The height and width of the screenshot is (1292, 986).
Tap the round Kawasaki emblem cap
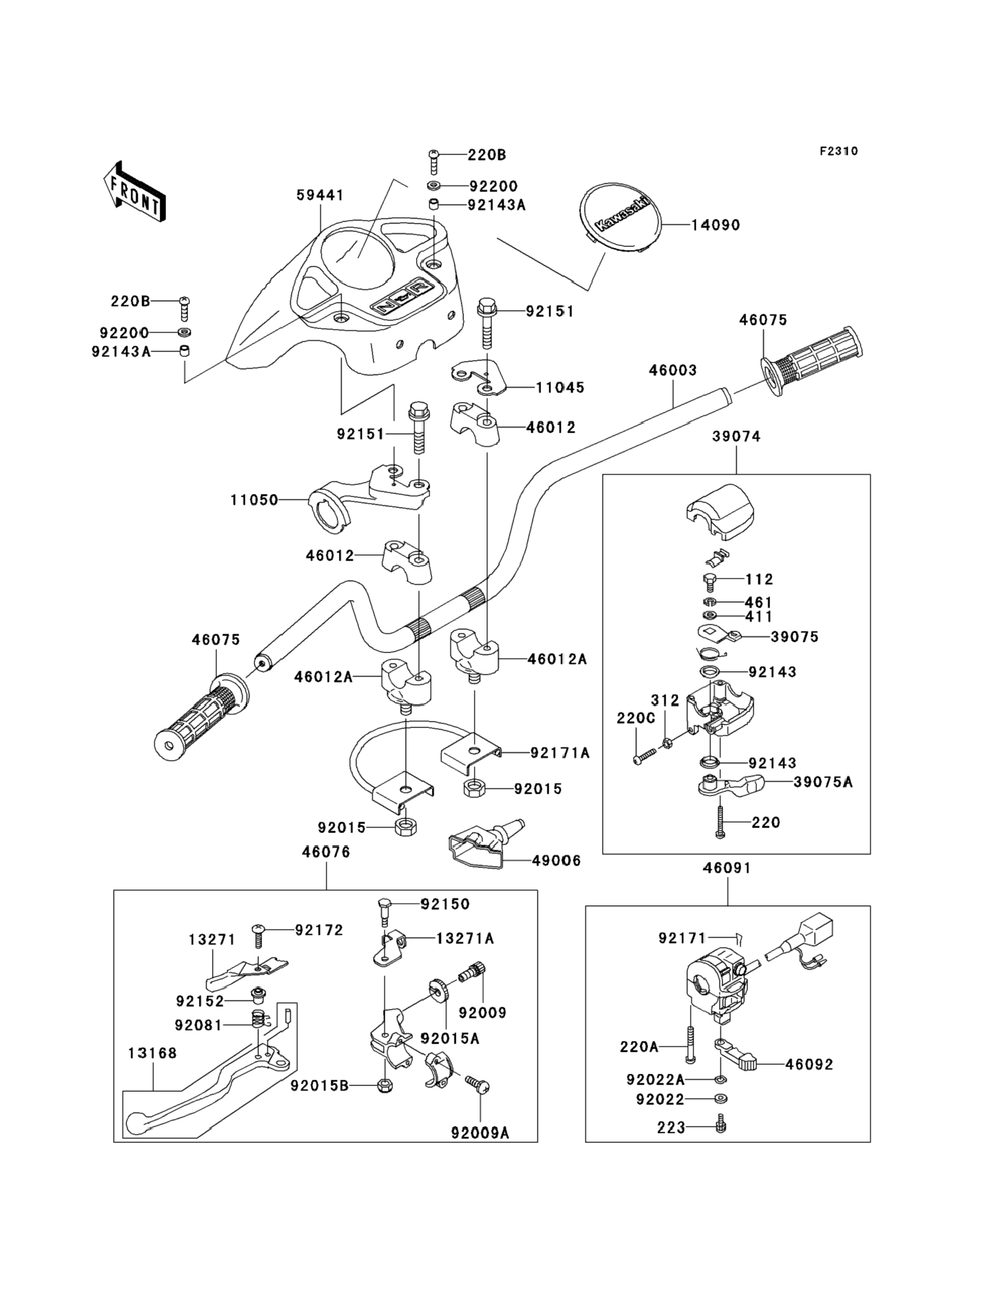pos(621,217)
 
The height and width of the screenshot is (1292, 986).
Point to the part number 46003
pos(673,370)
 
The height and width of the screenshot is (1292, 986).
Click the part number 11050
pos(254,500)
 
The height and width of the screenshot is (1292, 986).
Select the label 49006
pos(556,861)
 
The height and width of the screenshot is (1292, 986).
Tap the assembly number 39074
pos(736,437)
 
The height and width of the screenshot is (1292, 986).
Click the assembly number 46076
pos(326,852)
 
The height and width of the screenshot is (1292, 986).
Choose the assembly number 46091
pos(726,868)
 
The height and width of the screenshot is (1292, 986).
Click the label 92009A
pos(480,1133)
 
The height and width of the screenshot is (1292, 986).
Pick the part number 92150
pos(445,904)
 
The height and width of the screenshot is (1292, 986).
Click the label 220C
pos(636,718)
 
